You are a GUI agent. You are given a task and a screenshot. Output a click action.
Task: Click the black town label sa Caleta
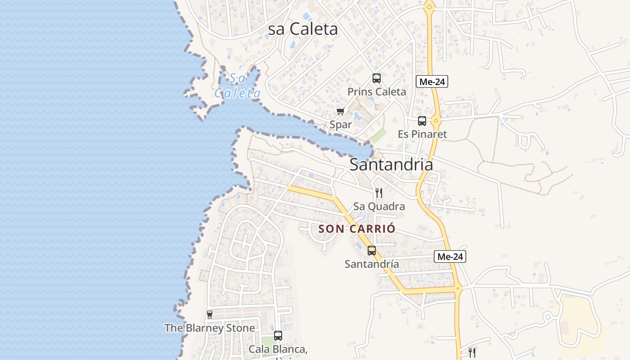click(302, 29)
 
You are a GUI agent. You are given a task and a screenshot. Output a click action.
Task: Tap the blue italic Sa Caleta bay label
click(238, 86)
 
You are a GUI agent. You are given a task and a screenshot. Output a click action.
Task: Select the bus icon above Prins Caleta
click(377, 78)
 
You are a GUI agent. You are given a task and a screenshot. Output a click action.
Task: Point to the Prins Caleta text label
click(377, 92)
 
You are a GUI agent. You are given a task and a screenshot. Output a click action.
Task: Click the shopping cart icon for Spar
click(341, 111)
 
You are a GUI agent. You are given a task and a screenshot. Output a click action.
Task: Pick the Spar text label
click(341, 125)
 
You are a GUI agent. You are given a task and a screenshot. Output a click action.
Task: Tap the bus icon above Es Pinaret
click(422, 121)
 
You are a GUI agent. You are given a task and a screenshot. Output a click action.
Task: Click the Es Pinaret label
click(422, 134)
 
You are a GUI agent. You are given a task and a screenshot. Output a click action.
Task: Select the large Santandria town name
click(391, 165)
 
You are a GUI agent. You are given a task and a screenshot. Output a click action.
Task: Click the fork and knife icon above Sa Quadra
click(379, 193)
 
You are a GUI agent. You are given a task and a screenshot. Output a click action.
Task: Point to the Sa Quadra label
click(379, 207)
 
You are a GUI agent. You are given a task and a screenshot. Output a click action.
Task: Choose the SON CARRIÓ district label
click(357, 229)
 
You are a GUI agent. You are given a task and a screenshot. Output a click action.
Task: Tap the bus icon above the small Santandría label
click(372, 251)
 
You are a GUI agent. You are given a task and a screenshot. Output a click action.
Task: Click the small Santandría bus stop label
click(372, 264)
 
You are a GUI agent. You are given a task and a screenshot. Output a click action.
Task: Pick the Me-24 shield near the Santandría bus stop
click(450, 256)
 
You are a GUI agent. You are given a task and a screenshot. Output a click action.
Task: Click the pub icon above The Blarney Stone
click(210, 314)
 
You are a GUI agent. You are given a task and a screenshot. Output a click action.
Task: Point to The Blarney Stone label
click(210, 328)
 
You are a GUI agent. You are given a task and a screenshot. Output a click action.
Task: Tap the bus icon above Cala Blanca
click(278, 335)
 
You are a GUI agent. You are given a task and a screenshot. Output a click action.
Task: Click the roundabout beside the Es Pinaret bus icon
click(436, 120)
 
